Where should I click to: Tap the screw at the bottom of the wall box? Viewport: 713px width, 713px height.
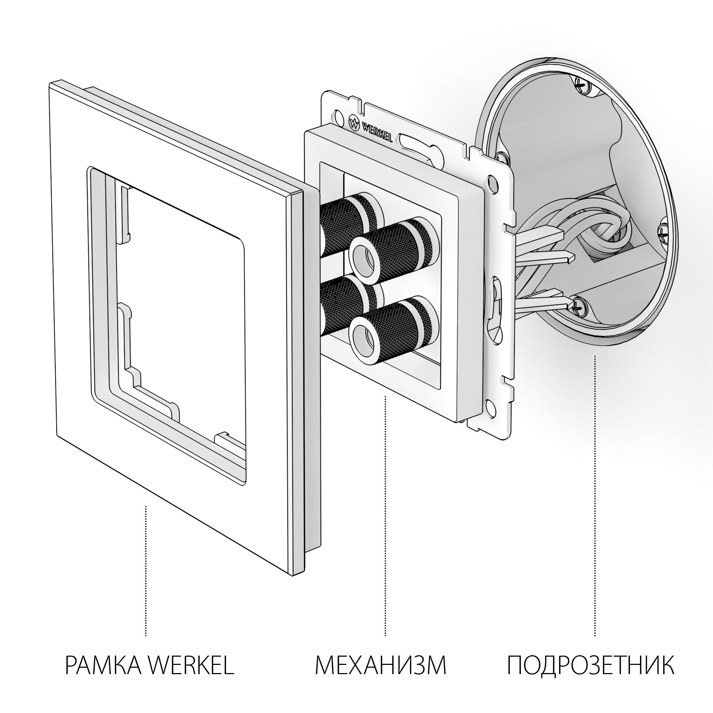tap(578, 306)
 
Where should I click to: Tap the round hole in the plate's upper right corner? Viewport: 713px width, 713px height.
tap(491, 181)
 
